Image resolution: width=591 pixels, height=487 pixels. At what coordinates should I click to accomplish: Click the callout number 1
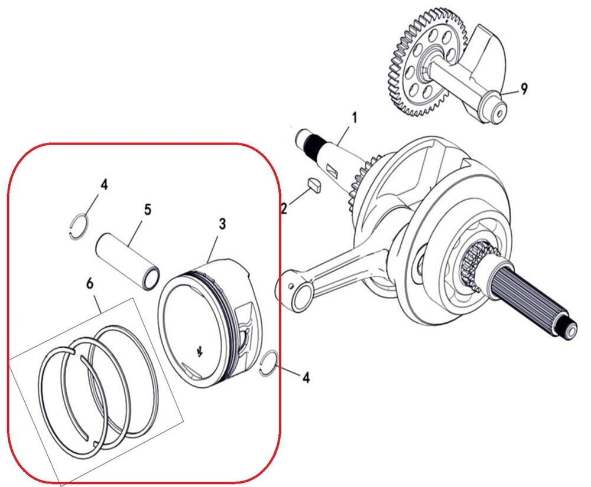click(354, 117)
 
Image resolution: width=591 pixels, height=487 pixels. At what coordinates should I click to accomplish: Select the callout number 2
click(284, 209)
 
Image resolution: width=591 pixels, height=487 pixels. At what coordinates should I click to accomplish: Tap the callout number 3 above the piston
click(222, 224)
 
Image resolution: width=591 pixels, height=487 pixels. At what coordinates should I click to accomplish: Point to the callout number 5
click(147, 210)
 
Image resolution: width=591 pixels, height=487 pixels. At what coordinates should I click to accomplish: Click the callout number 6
click(90, 283)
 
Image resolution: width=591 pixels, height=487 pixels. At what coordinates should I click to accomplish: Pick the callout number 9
click(524, 89)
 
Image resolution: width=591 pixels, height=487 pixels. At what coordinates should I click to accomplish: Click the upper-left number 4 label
click(104, 185)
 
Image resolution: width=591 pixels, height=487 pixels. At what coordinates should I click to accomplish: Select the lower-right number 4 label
click(306, 376)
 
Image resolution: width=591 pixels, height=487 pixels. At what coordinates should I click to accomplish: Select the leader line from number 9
click(510, 92)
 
